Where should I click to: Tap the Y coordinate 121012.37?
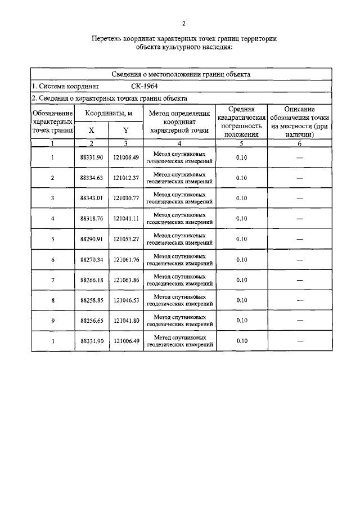126,178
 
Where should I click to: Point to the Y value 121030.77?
126,198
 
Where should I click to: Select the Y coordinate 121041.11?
126,218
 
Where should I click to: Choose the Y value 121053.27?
126,239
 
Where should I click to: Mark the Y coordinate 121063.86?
126,280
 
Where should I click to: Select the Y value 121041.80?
126,321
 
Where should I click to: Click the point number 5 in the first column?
52,239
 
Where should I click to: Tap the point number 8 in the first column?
52,300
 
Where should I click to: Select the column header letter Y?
126,130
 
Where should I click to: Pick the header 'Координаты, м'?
109,114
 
